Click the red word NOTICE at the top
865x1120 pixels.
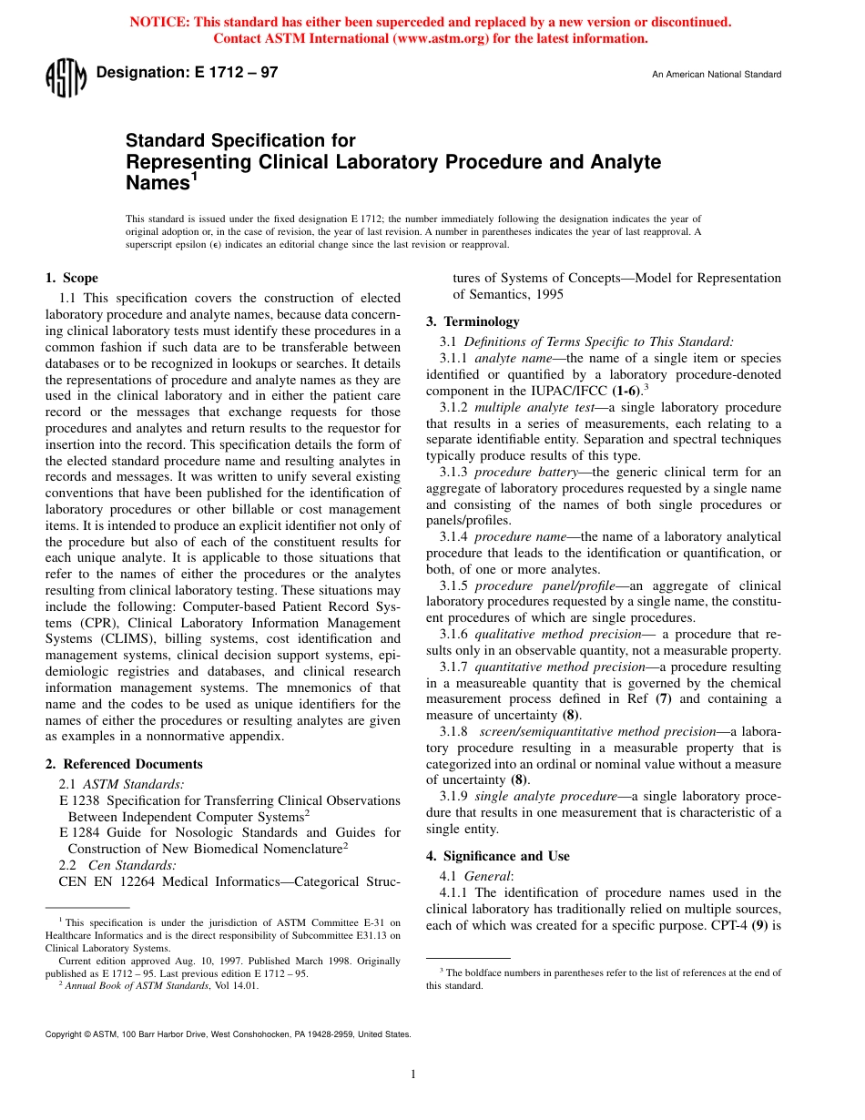point(160,22)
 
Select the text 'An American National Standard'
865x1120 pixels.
point(717,75)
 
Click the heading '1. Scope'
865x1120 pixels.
point(72,278)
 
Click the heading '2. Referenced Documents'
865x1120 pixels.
point(124,764)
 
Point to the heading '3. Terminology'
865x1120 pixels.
point(473,321)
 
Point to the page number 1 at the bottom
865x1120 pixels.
point(413,1074)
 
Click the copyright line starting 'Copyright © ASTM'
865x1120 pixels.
point(228,1034)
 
